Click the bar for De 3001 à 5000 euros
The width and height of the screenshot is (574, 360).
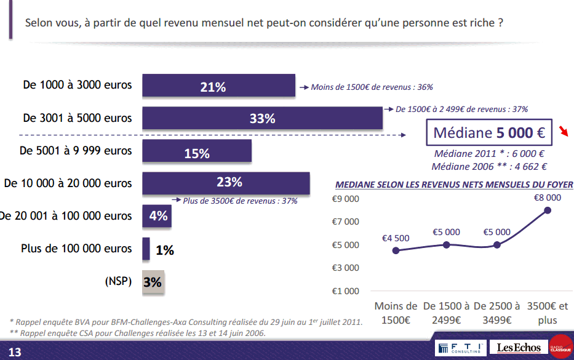[x=263, y=119]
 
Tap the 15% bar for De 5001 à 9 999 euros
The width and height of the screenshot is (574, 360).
[x=197, y=151]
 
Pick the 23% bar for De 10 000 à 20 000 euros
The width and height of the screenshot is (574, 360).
[x=226, y=183]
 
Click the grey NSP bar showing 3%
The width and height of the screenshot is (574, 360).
[x=153, y=282]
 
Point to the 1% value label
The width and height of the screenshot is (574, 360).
[x=164, y=250]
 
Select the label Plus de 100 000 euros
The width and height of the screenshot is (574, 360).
[x=76, y=249]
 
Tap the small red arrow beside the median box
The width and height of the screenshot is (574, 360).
[x=564, y=130]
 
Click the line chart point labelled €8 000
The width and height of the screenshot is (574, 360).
[x=548, y=210]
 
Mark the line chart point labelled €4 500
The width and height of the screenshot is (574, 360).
[x=396, y=250]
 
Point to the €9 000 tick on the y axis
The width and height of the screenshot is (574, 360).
[x=345, y=199]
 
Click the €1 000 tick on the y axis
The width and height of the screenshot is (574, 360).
[x=345, y=291]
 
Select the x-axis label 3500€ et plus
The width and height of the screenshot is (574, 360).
[x=548, y=313]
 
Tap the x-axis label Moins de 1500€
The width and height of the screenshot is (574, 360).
[x=396, y=313]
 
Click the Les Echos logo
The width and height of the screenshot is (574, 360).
[x=519, y=348]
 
